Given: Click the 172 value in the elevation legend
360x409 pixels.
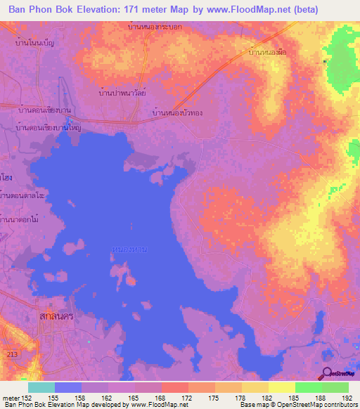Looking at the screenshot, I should (x=186, y=398).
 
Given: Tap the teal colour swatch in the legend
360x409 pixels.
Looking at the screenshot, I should (x=41, y=387).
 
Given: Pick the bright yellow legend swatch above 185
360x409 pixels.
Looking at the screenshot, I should (x=282, y=387).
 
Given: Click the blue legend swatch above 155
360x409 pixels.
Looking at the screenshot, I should (x=68, y=387).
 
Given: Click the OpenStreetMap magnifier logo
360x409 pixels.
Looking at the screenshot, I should (x=327, y=374).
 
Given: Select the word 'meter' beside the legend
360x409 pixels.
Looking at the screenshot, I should (x=11, y=398).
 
